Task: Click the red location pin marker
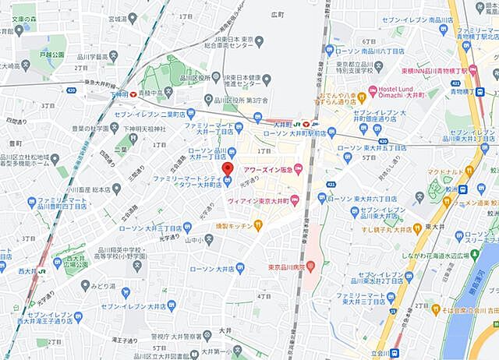pyautogui.click(x=227, y=169)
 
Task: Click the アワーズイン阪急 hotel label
pyautogui.click(x=268, y=168)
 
